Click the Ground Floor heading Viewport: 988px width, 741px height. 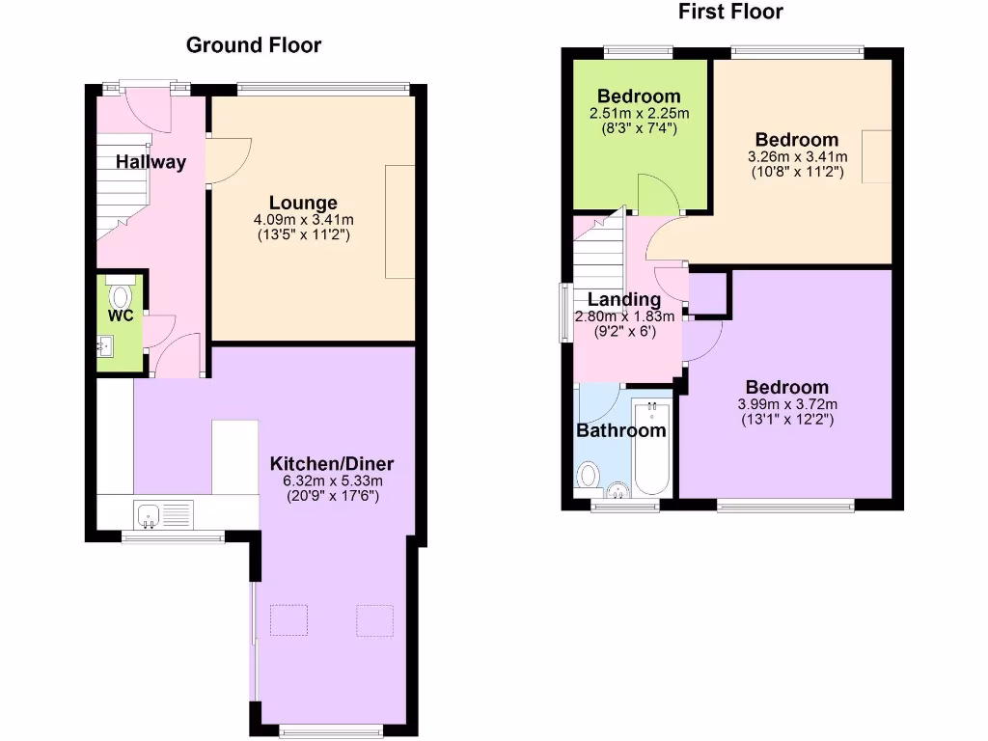(253, 44)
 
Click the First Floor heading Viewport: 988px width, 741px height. (730, 12)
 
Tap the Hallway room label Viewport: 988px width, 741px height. (151, 162)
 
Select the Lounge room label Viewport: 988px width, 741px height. (303, 203)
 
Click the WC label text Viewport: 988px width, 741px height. (120, 316)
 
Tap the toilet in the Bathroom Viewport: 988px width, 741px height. (588, 476)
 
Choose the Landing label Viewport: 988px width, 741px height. (624, 299)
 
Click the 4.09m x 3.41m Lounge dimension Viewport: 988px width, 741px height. (303, 219)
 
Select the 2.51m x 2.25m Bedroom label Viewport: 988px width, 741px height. (638, 113)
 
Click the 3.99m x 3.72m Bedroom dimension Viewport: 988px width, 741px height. (786, 404)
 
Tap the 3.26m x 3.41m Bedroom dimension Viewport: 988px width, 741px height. (797, 156)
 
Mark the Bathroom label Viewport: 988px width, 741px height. (621, 430)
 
